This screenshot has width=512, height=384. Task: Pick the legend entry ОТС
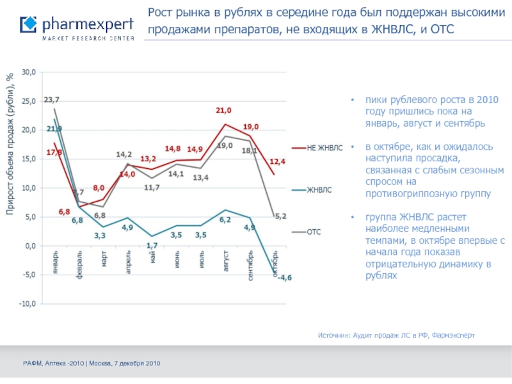(x=314, y=232)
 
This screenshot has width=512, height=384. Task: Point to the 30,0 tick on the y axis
(x=29, y=72)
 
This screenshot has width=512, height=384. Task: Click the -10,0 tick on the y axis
(x=28, y=304)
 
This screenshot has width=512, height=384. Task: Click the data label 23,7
(x=52, y=100)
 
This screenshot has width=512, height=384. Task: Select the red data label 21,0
(x=223, y=111)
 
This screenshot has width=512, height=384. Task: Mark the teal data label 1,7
(x=152, y=245)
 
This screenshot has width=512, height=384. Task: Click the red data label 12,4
(x=277, y=161)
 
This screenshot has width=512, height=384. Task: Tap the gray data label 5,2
(x=280, y=216)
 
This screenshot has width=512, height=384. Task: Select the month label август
(x=226, y=261)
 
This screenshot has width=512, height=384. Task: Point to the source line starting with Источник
(x=396, y=335)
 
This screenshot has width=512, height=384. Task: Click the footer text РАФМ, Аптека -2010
(x=92, y=363)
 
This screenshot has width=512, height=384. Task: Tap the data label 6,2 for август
(x=225, y=220)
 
